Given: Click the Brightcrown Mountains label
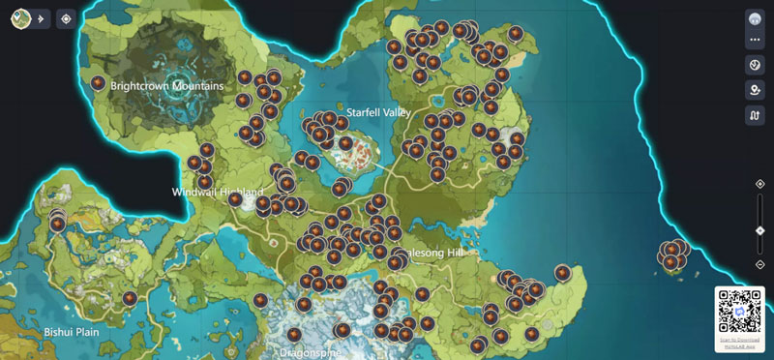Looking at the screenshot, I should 166,86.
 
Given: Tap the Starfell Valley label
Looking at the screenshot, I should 378,112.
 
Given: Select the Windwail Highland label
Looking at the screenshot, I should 218,192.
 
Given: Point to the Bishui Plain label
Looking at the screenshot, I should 72,331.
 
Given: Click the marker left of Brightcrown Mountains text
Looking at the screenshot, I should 98,83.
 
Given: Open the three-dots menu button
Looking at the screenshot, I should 756,40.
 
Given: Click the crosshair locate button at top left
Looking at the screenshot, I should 65,18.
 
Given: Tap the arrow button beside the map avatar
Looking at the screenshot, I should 42,18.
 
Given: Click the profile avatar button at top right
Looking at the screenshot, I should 756,18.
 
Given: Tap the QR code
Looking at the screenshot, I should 739,313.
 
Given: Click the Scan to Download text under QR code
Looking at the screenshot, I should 739,342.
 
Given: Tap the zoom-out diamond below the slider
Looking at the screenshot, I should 760,263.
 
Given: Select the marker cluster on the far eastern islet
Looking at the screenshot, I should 672,255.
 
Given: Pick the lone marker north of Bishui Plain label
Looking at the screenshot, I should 130,298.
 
